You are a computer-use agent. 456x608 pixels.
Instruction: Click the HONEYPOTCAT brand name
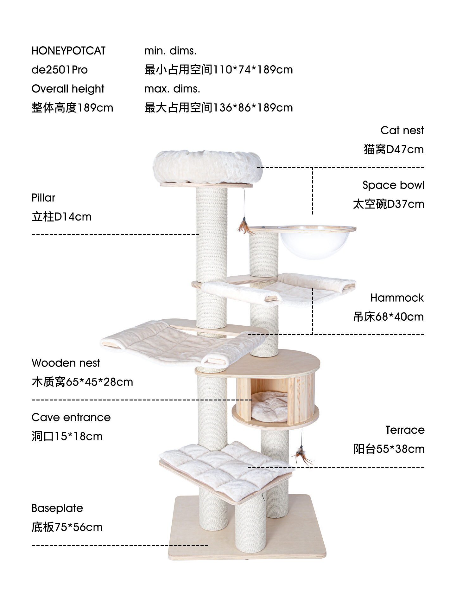click(68, 51)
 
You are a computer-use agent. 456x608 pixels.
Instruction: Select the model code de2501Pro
click(60, 70)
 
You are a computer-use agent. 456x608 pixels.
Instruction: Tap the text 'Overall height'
click(68, 89)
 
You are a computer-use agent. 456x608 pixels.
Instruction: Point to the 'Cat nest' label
click(402, 130)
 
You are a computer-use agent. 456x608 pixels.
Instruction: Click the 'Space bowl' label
click(393, 185)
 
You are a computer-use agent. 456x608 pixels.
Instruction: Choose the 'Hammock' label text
click(397, 298)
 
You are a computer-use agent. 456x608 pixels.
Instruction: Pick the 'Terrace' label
click(405, 430)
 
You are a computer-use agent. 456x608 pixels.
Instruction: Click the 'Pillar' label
click(43, 198)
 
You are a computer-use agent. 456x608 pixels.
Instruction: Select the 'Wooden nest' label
click(66, 363)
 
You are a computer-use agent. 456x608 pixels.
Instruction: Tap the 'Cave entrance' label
click(71, 417)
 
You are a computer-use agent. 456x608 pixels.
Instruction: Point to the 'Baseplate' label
click(57, 508)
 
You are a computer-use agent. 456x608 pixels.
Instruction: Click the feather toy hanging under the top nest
click(244, 226)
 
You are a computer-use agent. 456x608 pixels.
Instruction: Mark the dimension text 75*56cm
click(79, 527)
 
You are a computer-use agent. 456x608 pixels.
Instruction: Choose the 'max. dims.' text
click(172, 89)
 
